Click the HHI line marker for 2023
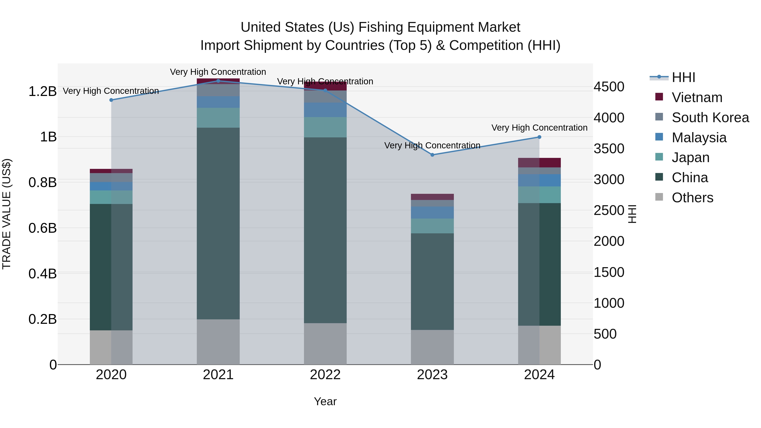click(x=432, y=155)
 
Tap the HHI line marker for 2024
click(x=539, y=137)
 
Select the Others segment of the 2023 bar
click(x=432, y=347)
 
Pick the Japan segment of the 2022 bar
click(x=325, y=127)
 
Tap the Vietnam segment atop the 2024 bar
click(x=539, y=163)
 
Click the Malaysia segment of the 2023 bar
click(x=432, y=212)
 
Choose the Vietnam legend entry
click(x=697, y=97)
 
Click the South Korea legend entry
click(x=710, y=118)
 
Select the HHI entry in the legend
click(x=683, y=77)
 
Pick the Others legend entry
click(x=692, y=198)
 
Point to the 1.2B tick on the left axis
click(x=42, y=92)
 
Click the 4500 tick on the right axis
click(x=609, y=87)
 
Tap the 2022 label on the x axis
click(x=325, y=375)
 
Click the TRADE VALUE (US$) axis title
click(x=7, y=214)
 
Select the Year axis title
click(x=325, y=401)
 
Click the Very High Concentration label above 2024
click(x=539, y=128)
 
